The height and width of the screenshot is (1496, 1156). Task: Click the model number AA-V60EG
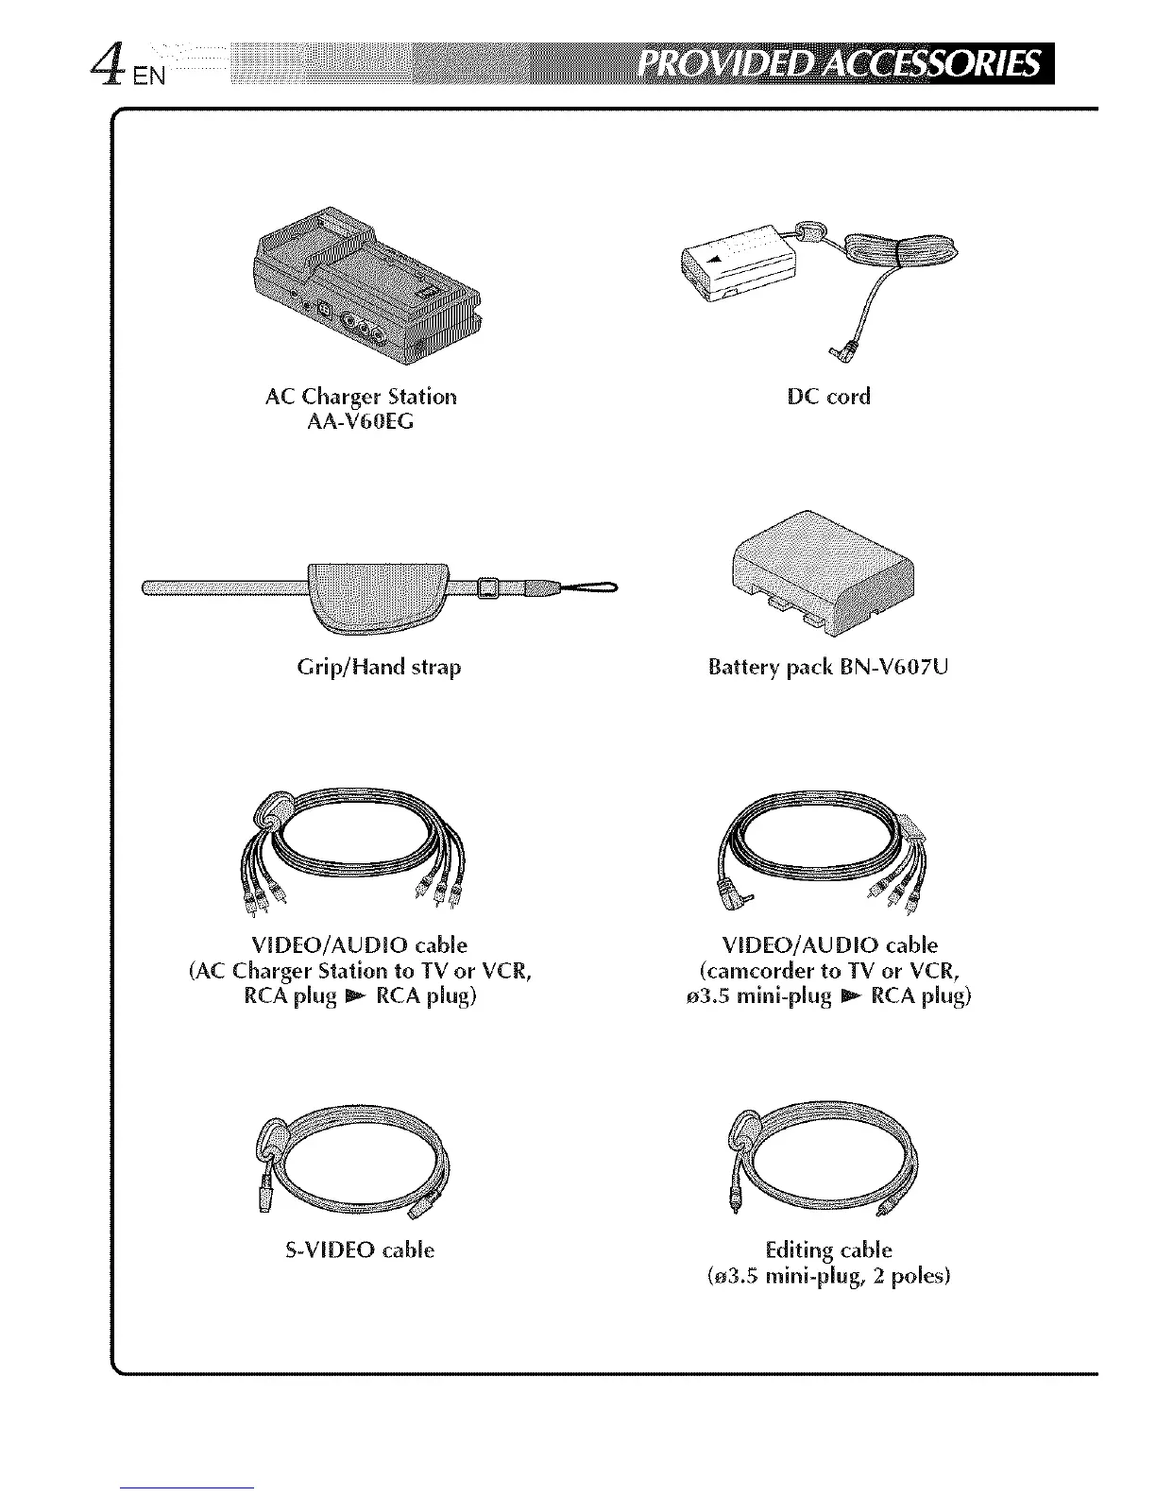click(x=361, y=421)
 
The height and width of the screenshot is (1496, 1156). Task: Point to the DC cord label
click(x=828, y=397)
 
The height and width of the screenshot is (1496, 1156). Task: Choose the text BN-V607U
click(x=892, y=668)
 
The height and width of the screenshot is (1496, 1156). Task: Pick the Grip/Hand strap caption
click(x=379, y=668)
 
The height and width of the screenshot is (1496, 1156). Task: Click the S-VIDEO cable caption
click(x=360, y=1250)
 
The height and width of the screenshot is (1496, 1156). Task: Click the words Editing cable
click(x=828, y=1250)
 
